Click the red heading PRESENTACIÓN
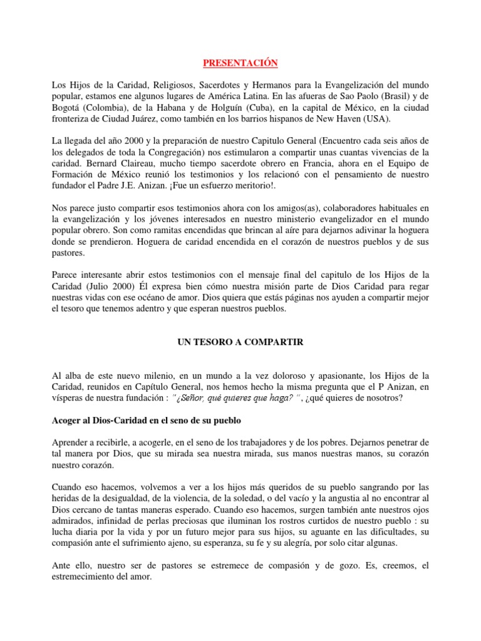click(x=240, y=63)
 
